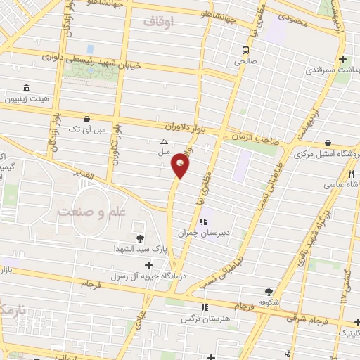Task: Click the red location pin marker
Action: click(x=180, y=166)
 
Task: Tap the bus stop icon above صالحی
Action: click(x=245, y=50)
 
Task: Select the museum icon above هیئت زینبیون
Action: click(x=26, y=88)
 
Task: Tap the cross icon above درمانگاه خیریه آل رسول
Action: click(x=148, y=265)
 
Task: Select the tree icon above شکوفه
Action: click(x=268, y=292)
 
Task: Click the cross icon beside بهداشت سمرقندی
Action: click(x=342, y=60)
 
